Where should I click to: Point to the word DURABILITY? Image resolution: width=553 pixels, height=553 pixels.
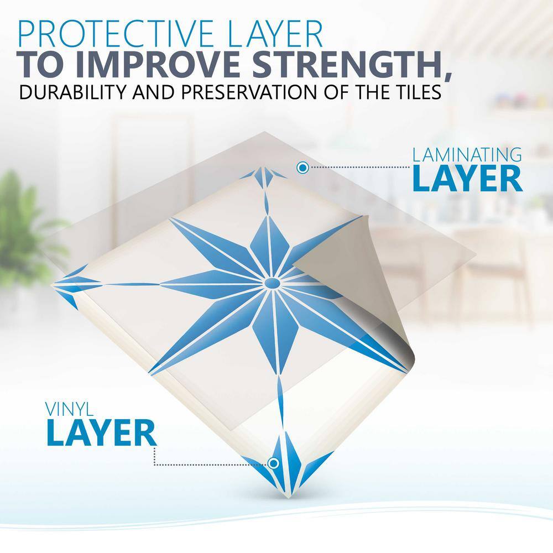72,92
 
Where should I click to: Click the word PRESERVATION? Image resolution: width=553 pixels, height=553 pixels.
252,92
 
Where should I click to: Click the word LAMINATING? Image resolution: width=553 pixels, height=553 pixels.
467,155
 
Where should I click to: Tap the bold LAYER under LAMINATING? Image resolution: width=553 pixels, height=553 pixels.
467,179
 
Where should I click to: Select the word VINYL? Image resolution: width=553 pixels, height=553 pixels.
70,409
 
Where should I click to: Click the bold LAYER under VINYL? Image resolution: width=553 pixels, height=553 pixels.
101,432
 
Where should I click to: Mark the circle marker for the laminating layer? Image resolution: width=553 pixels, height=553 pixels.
302,168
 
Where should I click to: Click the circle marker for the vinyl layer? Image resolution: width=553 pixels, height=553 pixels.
273,463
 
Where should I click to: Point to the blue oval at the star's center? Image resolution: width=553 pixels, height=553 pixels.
272,283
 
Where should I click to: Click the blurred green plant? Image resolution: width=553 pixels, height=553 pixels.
25,229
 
